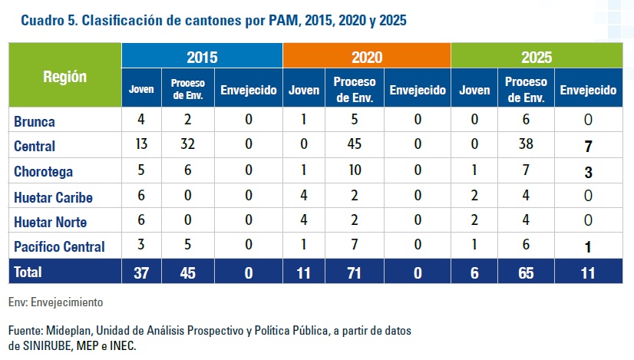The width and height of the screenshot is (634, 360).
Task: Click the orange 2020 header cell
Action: [367, 57]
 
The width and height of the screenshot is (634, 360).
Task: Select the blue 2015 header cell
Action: [202, 57]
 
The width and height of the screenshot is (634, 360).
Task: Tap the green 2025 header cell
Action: [536, 57]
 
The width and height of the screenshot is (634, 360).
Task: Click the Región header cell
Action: [65, 77]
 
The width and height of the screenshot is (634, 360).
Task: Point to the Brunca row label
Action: [35, 121]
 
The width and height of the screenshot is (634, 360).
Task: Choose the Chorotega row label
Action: [42, 171]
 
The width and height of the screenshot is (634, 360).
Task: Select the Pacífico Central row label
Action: [59, 247]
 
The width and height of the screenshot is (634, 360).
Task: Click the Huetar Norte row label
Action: [51, 222]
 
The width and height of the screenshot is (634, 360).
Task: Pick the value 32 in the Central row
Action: [187, 146]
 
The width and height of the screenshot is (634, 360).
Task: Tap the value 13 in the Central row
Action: [141, 146]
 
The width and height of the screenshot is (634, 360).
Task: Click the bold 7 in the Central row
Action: [589, 146]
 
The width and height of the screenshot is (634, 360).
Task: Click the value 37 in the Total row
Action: [141, 272]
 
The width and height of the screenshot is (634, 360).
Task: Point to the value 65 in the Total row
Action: [526, 272]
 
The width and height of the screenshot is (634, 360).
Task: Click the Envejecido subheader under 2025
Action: [589, 90]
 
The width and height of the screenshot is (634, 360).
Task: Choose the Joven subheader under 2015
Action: [141, 90]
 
